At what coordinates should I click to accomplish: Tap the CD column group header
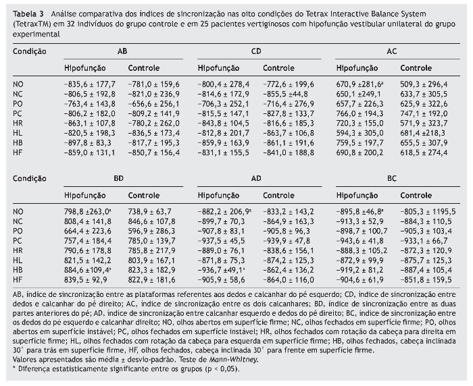tap(257, 51)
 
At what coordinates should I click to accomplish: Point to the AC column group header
tap(392, 51)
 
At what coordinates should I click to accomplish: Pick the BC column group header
tap(392, 179)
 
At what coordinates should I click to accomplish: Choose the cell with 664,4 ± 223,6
tap(89, 231)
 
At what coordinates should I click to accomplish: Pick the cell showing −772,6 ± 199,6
tap(289, 84)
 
